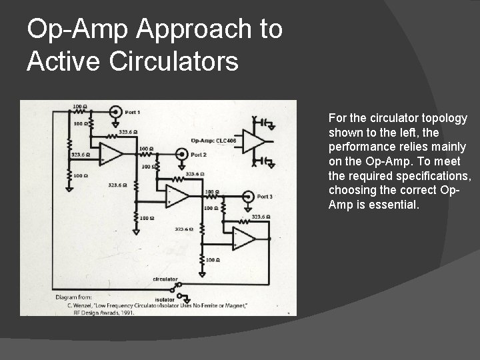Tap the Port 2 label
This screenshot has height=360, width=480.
pos(199,154)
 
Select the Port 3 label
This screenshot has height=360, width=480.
pos(265,197)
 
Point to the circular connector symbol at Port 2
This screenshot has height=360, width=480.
pos(181,154)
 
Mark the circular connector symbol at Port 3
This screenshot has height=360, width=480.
pos(247,197)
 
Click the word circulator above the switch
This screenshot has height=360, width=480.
pos(165,279)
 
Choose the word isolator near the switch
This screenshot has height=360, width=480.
pos(164,300)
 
